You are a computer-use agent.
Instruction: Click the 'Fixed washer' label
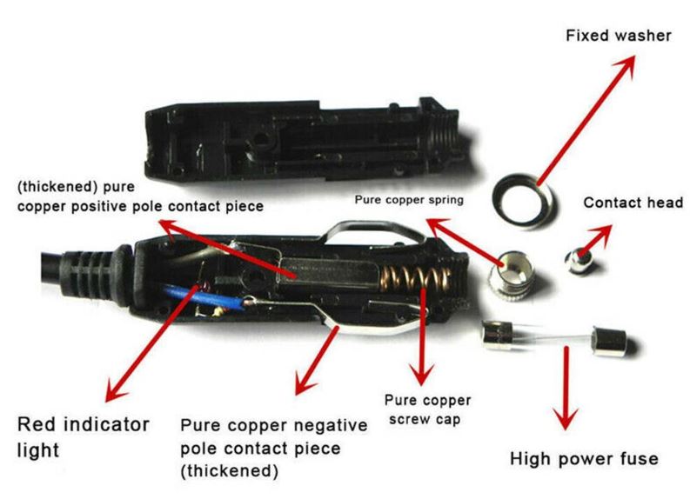(x=618, y=37)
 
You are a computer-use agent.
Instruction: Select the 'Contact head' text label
(x=633, y=203)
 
